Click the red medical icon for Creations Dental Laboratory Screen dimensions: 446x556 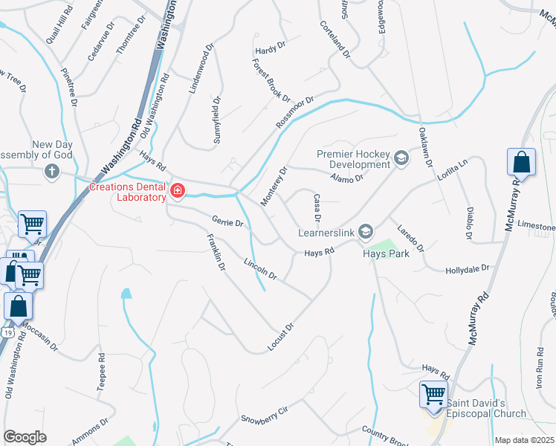point(177,191)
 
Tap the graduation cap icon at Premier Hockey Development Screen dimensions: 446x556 point(401,158)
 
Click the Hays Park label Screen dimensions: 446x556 point(386,253)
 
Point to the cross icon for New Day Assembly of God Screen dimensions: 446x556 point(51,172)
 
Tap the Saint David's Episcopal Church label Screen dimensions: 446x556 point(485,408)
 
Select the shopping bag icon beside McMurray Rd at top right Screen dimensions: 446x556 point(521,162)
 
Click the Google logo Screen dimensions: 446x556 point(25,436)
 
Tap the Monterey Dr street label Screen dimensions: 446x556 point(274,186)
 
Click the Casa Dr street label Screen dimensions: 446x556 point(317,208)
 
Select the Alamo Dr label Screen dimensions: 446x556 point(346,177)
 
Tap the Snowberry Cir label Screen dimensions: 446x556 point(263,414)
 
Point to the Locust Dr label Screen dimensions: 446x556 point(280,337)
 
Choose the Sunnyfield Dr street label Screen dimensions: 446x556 point(217,119)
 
